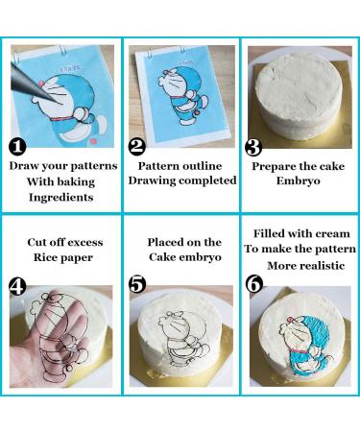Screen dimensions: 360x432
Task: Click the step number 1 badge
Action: [x=17, y=147]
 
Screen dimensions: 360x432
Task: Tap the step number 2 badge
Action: [x=137, y=147]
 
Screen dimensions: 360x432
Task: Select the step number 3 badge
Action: [x=253, y=147]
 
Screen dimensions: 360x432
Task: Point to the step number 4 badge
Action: [x=17, y=286]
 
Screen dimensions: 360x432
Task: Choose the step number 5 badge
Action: [x=137, y=284]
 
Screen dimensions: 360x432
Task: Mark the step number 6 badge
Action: [x=254, y=284]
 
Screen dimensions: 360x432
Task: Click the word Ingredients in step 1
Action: [x=61, y=198]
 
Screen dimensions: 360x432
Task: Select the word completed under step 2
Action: [x=207, y=180]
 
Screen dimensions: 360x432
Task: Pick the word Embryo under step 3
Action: [x=298, y=181]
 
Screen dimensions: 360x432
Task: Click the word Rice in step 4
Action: [x=44, y=257]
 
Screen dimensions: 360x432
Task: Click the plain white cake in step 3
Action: [x=300, y=96]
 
